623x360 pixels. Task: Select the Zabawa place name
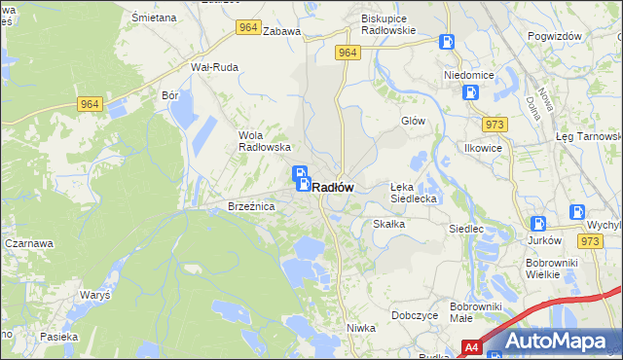point(281,31)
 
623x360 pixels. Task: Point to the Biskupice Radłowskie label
point(388,24)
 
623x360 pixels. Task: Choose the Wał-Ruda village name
point(214,67)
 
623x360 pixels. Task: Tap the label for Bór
point(171,96)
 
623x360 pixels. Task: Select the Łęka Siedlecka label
point(416,192)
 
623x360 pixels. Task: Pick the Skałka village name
point(388,224)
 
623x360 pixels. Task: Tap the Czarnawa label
point(27,243)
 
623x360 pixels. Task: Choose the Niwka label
point(361,328)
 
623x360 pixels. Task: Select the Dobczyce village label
point(414,315)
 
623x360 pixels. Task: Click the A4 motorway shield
point(471,346)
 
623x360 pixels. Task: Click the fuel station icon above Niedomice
point(447,42)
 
